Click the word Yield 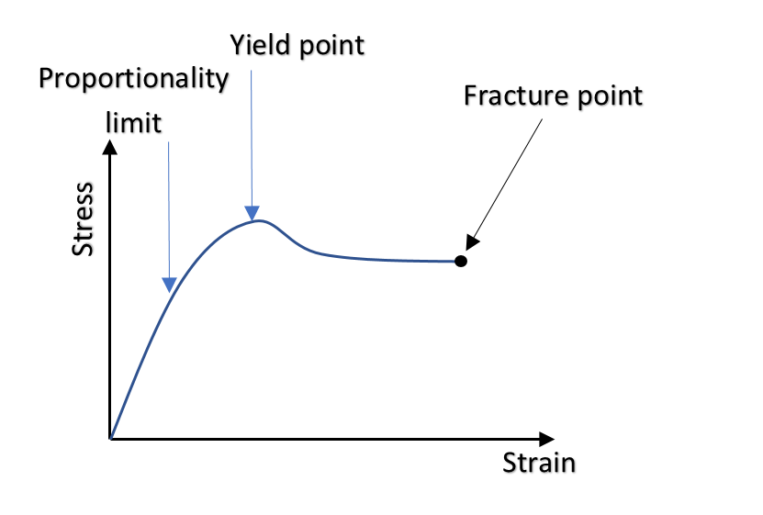[x=261, y=45]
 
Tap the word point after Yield [x=331, y=47]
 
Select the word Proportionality [x=133, y=79]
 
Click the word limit [x=133, y=122]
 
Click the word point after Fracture [x=610, y=96]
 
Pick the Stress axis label [x=83, y=219]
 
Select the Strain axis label [x=539, y=463]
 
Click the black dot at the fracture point [x=461, y=261]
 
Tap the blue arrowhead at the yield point [x=252, y=212]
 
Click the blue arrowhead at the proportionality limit [x=169, y=285]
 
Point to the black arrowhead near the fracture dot [x=472, y=242]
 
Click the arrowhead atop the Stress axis [x=110, y=148]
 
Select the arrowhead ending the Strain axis [x=547, y=439]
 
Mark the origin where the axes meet [x=111, y=439]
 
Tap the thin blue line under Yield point [x=252, y=139]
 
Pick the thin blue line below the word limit [x=169, y=210]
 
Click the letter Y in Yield [x=237, y=45]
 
